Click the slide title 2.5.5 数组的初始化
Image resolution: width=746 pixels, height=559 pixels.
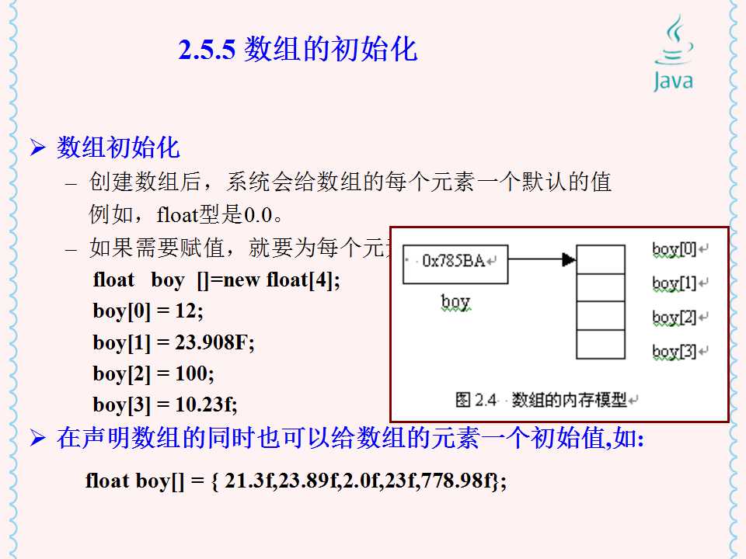(x=298, y=50)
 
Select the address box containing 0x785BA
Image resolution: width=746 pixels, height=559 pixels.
(x=455, y=260)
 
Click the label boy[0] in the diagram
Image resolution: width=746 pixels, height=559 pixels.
(x=675, y=249)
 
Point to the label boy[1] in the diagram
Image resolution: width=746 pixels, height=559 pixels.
(x=675, y=283)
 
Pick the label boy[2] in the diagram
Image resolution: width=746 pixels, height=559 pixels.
(x=675, y=317)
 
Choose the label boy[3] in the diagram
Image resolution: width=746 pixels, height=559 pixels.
(x=675, y=351)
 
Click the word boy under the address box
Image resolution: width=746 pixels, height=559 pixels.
(x=455, y=301)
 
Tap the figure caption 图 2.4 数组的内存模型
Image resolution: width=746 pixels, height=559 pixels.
(x=542, y=400)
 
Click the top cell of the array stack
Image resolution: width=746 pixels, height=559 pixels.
(x=600, y=259)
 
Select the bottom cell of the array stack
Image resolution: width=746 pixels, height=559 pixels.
(x=600, y=344)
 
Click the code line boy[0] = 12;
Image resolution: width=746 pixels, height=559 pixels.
(x=148, y=311)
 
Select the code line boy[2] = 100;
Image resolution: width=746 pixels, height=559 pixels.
(x=153, y=373)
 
